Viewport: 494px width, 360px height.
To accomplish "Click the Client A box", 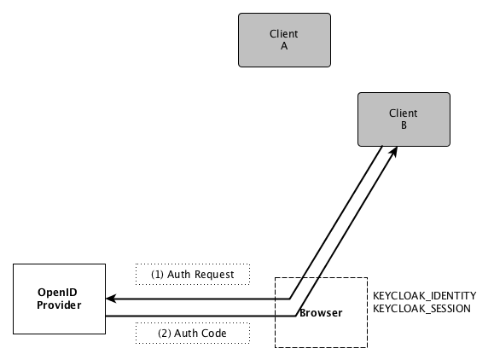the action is (x=284, y=40).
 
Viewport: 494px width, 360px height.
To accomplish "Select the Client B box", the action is (x=404, y=119).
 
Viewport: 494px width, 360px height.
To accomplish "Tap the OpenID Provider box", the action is (x=59, y=299).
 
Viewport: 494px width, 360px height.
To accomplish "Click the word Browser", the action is (x=321, y=313).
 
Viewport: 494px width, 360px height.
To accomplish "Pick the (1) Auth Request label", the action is (x=193, y=275).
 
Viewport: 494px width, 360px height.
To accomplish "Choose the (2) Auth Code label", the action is (x=193, y=334).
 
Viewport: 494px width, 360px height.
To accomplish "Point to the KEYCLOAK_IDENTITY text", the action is (x=424, y=296).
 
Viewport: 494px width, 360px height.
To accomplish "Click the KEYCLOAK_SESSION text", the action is (x=421, y=308).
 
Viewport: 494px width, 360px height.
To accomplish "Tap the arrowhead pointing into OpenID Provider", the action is (x=111, y=299).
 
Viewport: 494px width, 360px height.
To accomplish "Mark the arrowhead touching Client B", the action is (x=393, y=151).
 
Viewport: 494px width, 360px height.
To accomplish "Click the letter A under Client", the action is (x=284, y=46).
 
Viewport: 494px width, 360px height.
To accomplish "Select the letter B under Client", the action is (x=404, y=125).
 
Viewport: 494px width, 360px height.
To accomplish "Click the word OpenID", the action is (x=57, y=293).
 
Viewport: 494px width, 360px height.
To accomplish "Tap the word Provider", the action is (x=59, y=305).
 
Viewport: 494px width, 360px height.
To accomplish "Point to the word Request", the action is (x=214, y=275).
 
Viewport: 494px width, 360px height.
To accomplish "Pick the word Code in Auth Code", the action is (x=213, y=334).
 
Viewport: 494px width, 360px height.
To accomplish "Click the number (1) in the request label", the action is (x=157, y=275).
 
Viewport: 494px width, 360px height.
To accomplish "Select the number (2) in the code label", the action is (x=164, y=334).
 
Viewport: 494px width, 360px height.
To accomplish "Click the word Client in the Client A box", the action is (x=284, y=34).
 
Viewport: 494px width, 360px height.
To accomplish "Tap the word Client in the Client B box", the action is (x=404, y=113).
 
